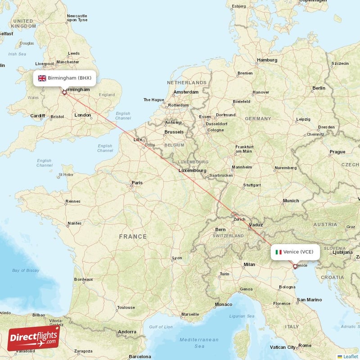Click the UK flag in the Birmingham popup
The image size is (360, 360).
42,78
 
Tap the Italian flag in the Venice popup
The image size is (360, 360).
279,252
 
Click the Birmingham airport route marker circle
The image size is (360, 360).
64,93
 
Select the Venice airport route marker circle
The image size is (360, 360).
295,266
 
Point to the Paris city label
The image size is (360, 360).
137,183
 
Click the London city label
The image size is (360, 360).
83,115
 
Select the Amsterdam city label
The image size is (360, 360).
186,92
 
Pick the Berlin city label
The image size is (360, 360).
319,88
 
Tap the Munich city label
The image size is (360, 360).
291,201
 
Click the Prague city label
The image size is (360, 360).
337,152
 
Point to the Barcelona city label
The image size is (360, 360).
140,356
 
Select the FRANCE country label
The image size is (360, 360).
133,236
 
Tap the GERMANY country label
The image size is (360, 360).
258,118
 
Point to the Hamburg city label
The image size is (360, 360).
267,60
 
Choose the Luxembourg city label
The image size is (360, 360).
193,171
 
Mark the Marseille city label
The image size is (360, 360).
190,314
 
